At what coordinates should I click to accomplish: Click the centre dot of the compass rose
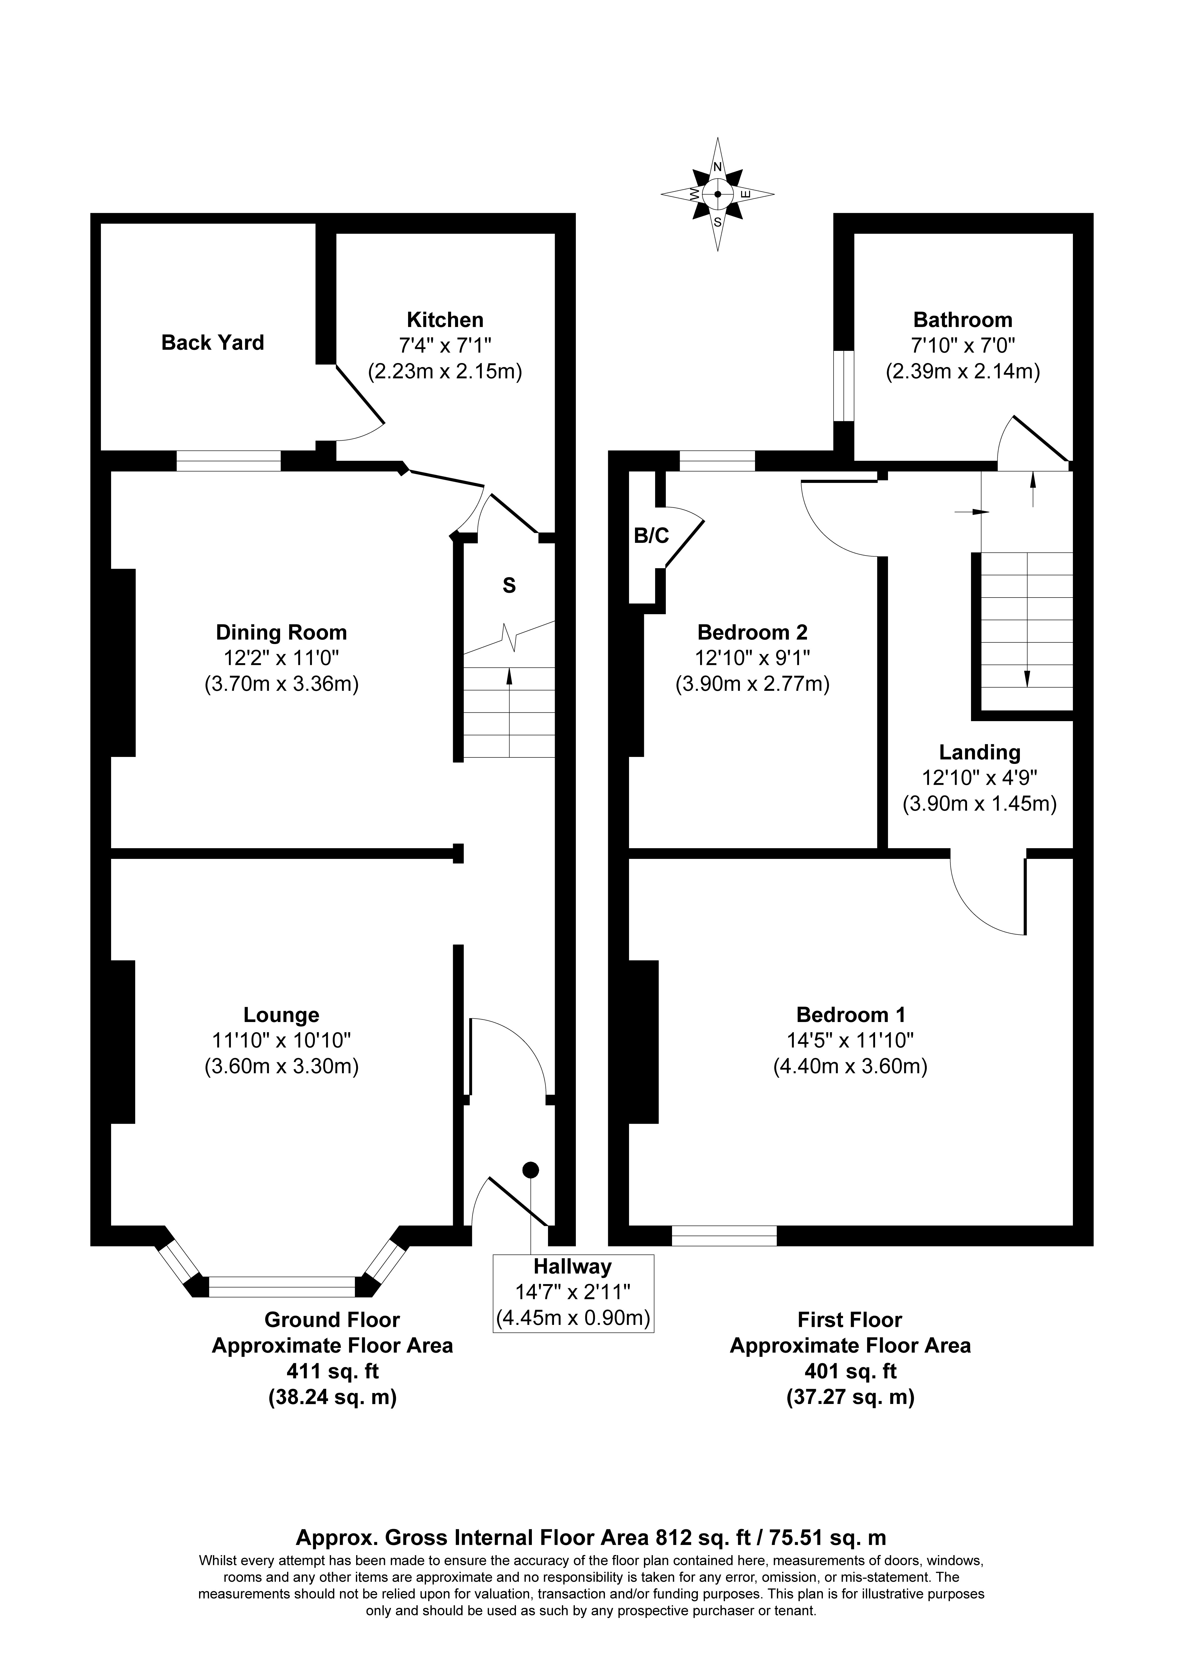coord(718,194)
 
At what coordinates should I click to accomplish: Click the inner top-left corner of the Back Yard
coord(101,223)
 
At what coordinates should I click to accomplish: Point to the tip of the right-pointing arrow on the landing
coord(990,512)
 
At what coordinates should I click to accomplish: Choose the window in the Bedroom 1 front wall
coord(724,1235)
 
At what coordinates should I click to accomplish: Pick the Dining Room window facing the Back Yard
coord(228,461)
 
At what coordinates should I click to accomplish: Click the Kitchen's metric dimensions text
coord(445,372)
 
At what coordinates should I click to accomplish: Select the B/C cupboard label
coord(651,536)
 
